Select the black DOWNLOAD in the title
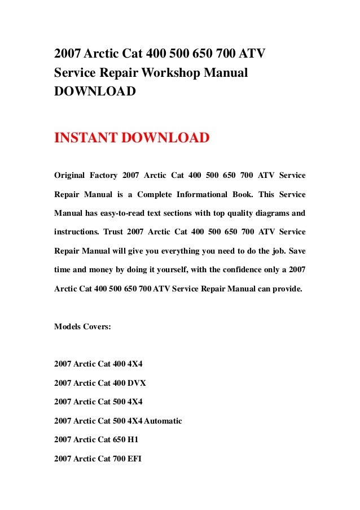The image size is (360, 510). click(x=95, y=91)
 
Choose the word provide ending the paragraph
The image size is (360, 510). click(x=286, y=287)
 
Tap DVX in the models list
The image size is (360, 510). click(x=137, y=383)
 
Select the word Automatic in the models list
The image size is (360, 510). click(x=164, y=421)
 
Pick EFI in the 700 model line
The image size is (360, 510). click(x=134, y=459)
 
